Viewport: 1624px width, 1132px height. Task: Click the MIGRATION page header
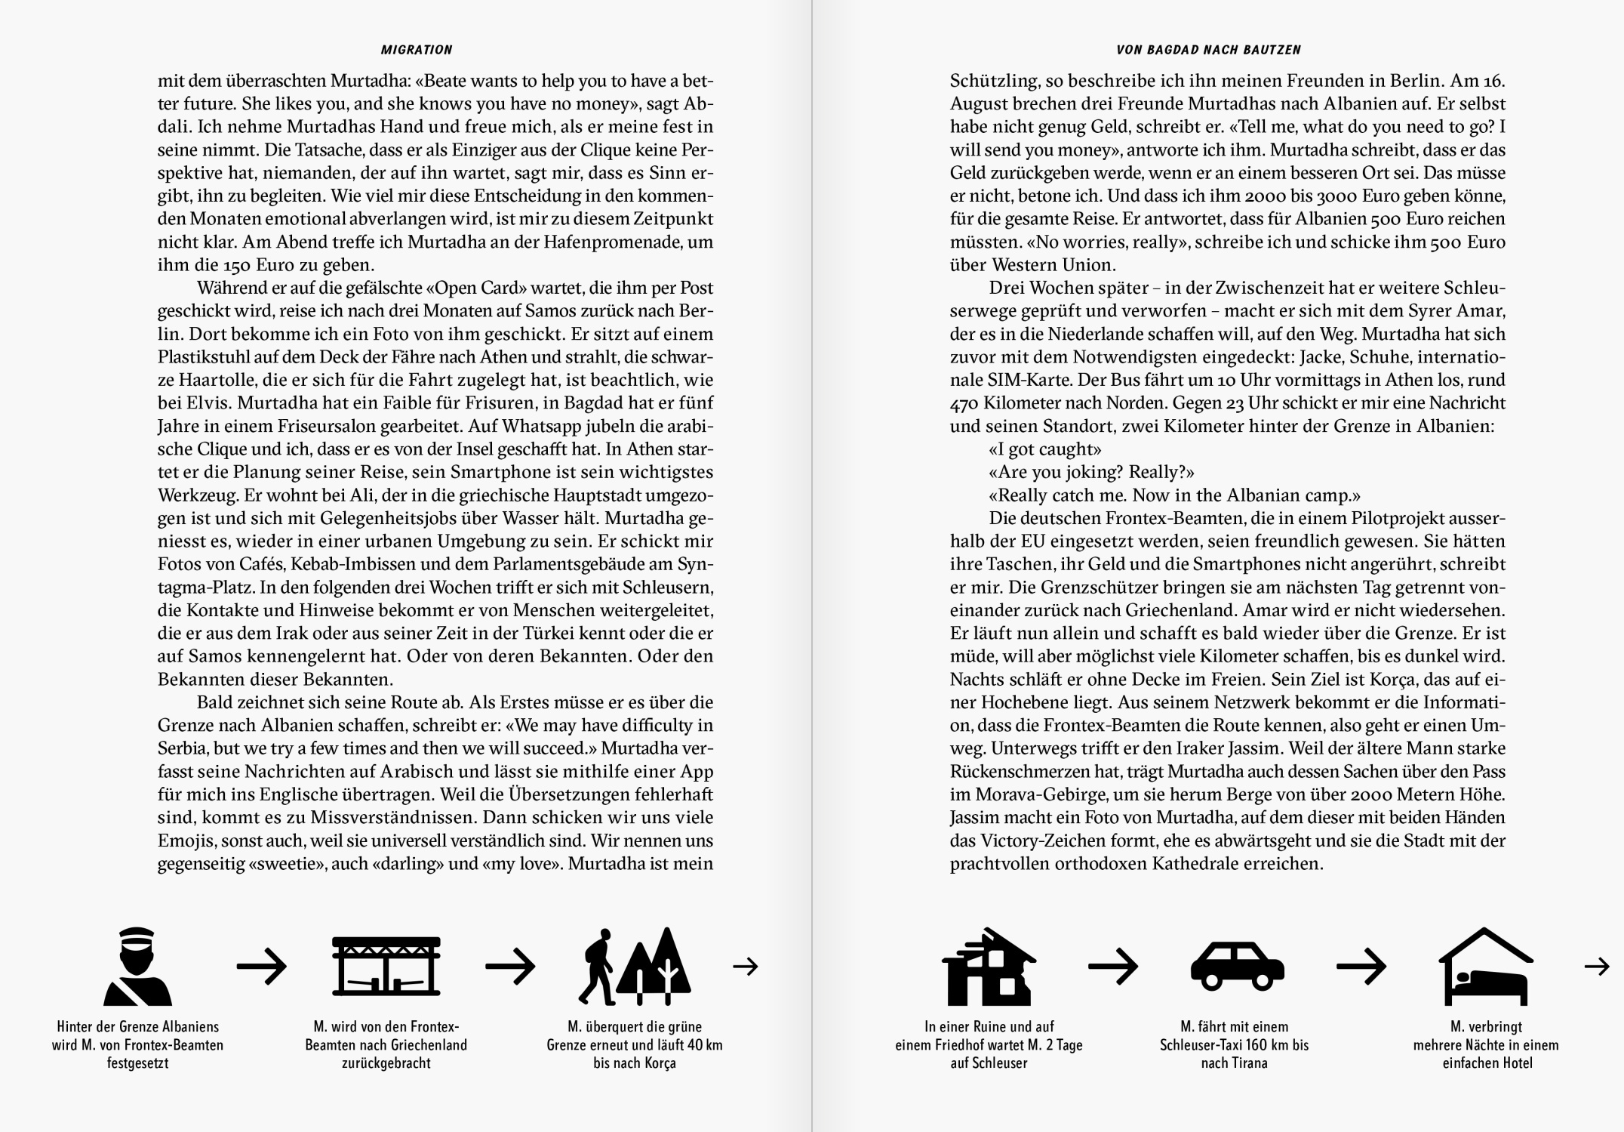(x=417, y=50)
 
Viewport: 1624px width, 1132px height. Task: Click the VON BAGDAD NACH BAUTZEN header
(x=1208, y=50)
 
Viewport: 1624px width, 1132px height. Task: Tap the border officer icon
(x=137, y=967)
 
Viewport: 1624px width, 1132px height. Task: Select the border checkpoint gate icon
(x=386, y=967)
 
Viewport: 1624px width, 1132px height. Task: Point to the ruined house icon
(x=989, y=967)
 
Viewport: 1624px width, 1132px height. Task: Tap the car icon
(x=1237, y=967)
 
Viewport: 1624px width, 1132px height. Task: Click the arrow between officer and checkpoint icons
(x=262, y=966)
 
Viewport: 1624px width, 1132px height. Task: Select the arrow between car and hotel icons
(x=1361, y=966)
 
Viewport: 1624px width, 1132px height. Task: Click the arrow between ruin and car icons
(x=1112, y=966)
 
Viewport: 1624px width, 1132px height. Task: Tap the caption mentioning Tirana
(x=1234, y=1045)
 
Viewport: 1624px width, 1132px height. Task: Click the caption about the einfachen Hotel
(x=1486, y=1045)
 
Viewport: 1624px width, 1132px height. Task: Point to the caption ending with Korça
(x=635, y=1045)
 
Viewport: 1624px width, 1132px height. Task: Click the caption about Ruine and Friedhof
(x=989, y=1045)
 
